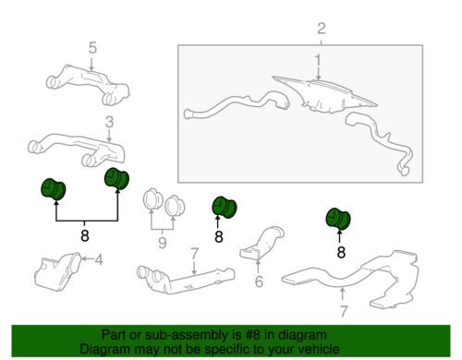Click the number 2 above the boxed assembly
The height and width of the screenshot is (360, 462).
322,29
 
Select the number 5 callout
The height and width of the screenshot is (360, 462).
92,48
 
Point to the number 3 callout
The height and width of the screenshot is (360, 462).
109,122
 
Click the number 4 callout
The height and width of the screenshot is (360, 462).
99,260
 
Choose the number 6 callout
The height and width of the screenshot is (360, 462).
259,282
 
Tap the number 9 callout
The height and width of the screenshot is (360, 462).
163,243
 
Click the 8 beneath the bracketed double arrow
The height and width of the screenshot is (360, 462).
85,236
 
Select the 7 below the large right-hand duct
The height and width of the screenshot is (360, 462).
344,311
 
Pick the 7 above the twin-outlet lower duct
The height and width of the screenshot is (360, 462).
194,254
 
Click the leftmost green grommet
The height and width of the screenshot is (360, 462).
53,189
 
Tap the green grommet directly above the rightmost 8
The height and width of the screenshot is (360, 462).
338,219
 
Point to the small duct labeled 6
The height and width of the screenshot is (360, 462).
261,243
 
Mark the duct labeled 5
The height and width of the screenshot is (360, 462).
88,84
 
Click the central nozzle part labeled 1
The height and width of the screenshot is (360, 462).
323,95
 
